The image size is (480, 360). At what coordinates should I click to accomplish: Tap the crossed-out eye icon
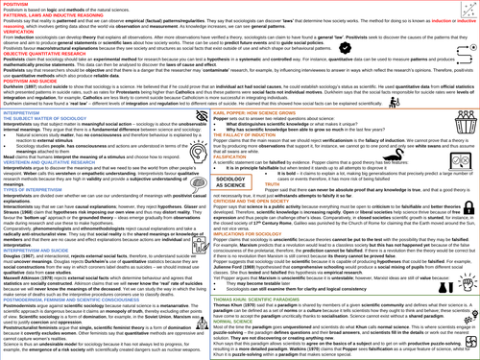click(202, 117)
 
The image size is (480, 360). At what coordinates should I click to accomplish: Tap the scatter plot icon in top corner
click(467, 9)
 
